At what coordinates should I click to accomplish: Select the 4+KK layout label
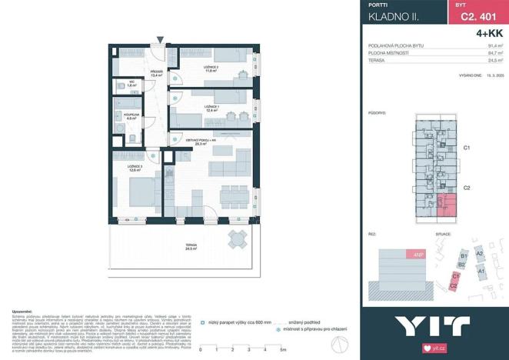[x=489, y=32]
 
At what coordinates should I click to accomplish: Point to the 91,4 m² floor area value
[x=495, y=46]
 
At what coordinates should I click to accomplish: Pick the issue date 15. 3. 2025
[x=494, y=75]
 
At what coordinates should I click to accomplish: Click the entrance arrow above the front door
[x=160, y=41]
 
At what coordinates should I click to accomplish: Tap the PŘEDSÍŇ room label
[x=157, y=74]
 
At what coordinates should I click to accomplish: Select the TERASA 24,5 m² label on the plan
[x=191, y=247]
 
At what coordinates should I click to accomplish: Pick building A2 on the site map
[x=479, y=253]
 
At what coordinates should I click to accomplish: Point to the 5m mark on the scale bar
[x=284, y=350]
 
